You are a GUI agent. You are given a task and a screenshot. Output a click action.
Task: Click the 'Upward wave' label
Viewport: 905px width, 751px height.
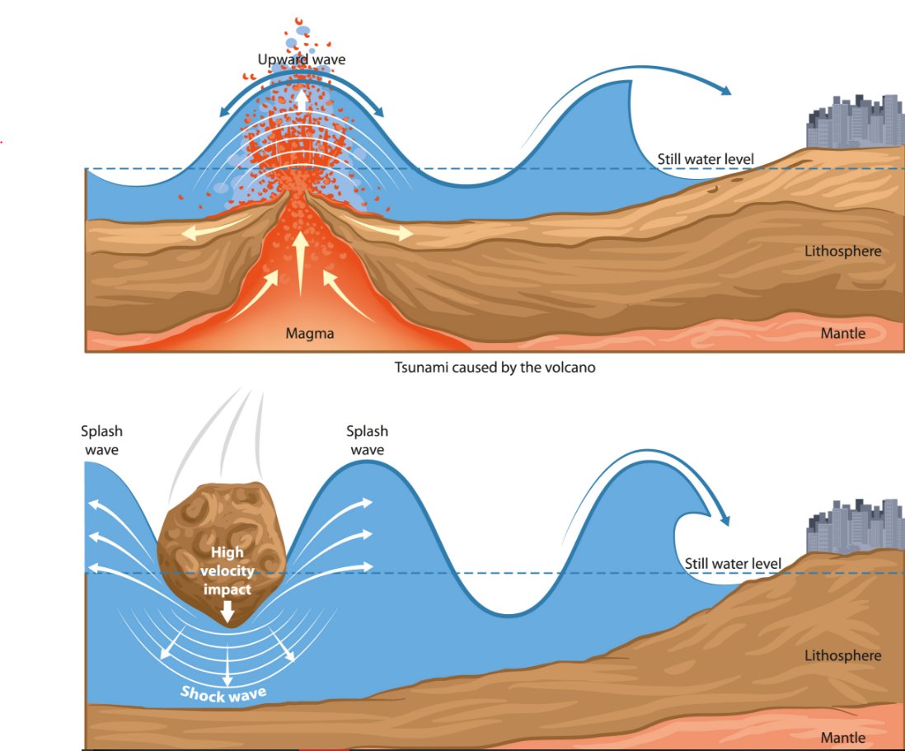[x=302, y=59]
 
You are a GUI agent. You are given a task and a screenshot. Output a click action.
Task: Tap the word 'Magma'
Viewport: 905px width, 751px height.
[x=308, y=334]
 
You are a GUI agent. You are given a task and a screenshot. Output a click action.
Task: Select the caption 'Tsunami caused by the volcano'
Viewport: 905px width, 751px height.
[x=495, y=368]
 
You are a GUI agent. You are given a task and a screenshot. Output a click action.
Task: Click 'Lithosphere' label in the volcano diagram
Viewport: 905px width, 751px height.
[x=842, y=251]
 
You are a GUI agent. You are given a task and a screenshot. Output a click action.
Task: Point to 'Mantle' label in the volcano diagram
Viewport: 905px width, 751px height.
[x=842, y=333]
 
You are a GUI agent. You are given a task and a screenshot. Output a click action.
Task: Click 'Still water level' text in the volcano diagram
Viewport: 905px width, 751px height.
[x=705, y=159]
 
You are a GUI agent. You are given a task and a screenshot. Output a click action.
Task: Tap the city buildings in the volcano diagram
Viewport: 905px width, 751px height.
[x=855, y=123]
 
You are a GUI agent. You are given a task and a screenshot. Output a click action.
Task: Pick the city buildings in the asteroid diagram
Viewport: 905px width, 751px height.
[x=856, y=526]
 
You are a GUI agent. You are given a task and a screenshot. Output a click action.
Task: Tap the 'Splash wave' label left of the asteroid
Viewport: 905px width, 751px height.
[x=101, y=440]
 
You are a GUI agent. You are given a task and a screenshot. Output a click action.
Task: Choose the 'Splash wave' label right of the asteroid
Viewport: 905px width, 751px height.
[x=367, y=440]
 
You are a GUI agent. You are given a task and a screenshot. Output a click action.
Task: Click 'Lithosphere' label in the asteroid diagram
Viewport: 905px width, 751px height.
[x=842, y=656]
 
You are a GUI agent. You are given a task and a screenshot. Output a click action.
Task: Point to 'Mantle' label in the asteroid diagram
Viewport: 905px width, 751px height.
[x=842, y=736]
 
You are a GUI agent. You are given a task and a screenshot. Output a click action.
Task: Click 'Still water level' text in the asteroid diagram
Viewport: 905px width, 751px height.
[x=733, y=563]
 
